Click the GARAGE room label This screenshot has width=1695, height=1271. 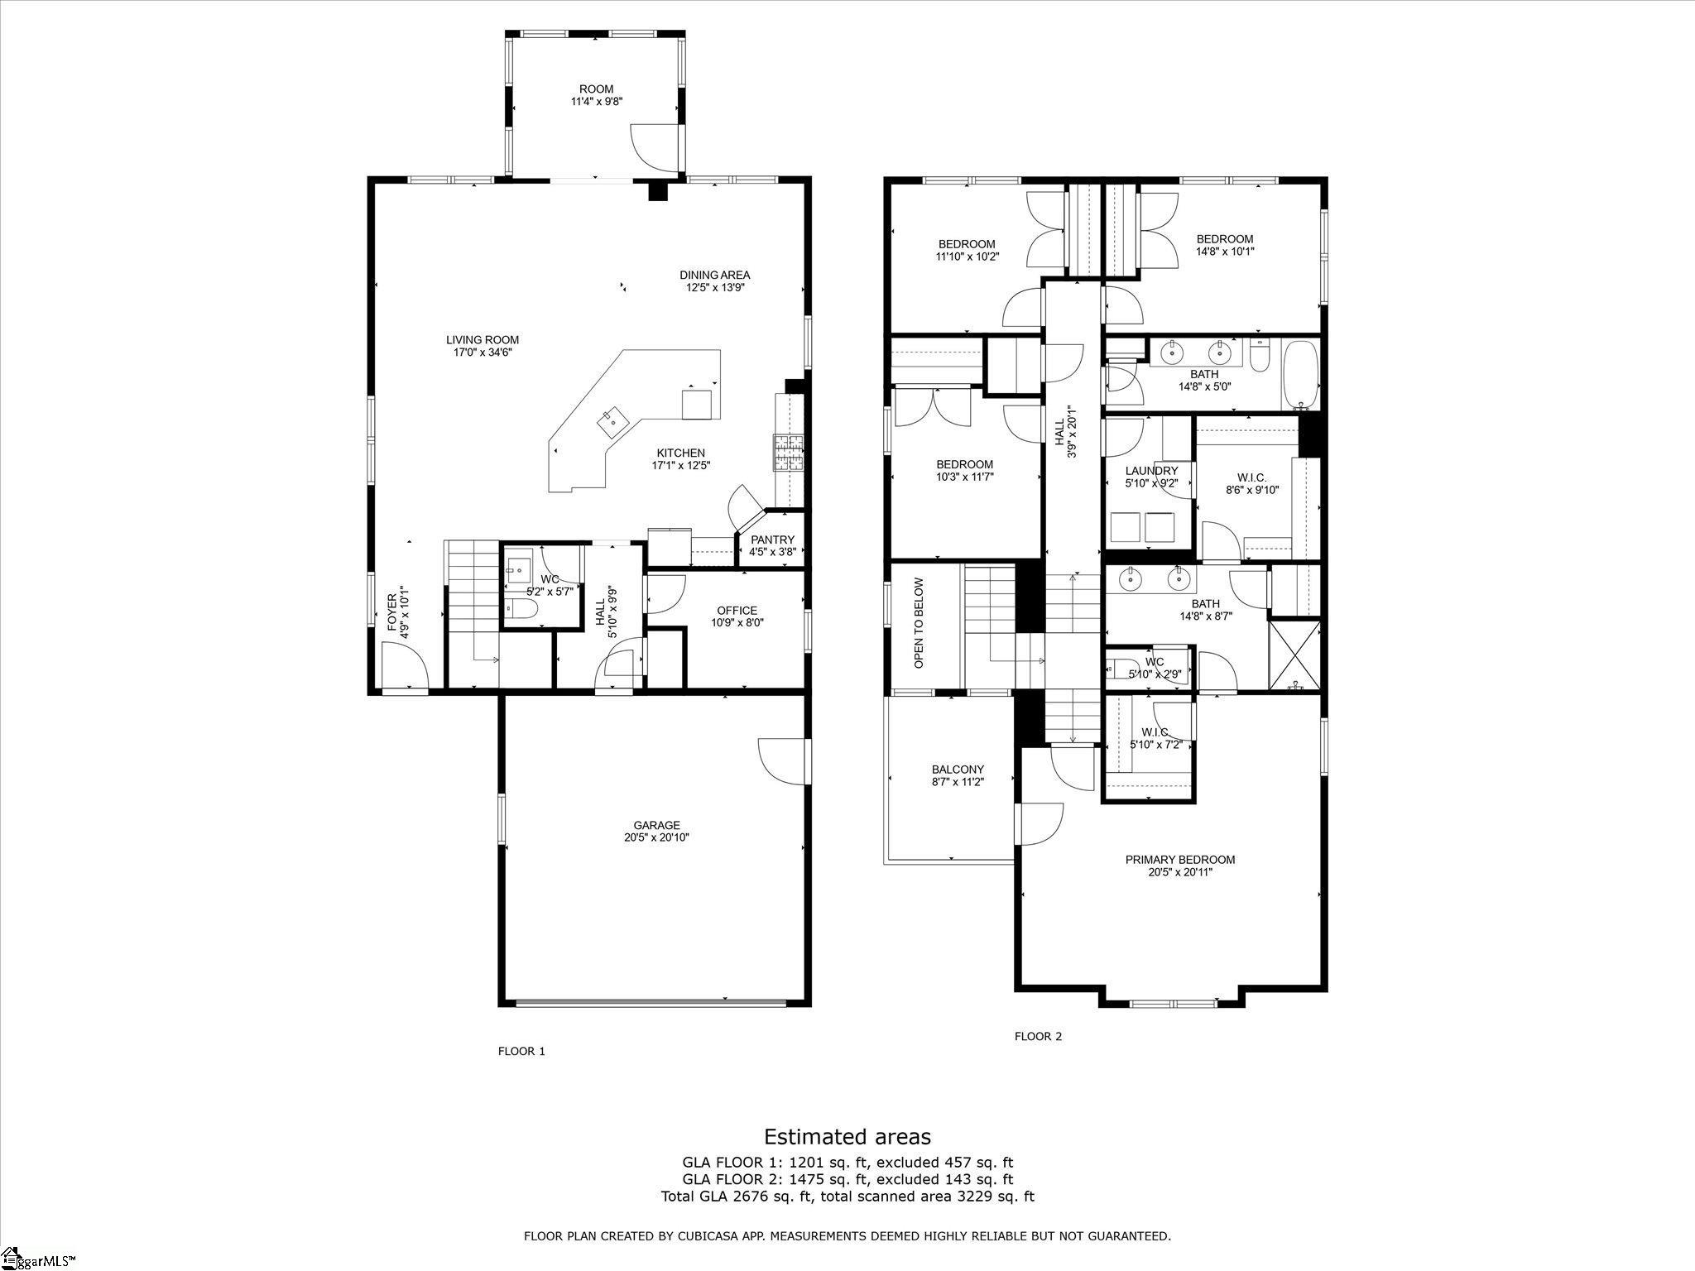click(656, 825)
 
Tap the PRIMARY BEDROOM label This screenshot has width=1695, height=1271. click(1179, 860)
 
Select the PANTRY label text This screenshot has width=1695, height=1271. click(772, 540)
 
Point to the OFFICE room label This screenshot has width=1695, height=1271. click(737, 611)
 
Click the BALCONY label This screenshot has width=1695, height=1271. click(958, 770)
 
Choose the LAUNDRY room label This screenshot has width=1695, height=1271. click(1151, 471)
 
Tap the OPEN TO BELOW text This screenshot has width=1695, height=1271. click(919, 622)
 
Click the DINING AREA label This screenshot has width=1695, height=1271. click(715, 275)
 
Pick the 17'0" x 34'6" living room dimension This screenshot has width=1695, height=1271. click(483, 352)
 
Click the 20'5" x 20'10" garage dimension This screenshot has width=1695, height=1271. click(656, 837)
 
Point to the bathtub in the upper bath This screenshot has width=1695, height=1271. click(1300, 375)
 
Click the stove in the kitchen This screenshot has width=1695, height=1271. click(789, 453)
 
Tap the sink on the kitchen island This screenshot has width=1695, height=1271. click(613, 422)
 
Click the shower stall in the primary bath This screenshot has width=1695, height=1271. click(1294, 654)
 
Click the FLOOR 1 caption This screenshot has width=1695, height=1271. click(521, 1052)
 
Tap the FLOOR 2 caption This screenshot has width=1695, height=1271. click(1038, 1036)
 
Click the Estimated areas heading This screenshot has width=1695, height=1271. click(847, 1136)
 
